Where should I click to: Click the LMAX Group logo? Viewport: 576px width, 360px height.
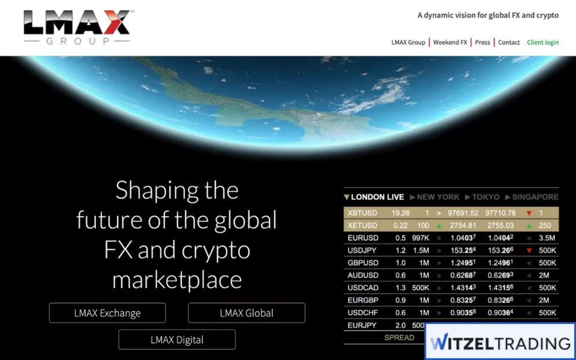click(x=77, y=27)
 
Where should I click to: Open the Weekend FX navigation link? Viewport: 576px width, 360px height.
click(x=450, y=43)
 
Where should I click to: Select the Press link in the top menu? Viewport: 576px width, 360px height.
click(x=482, y=43)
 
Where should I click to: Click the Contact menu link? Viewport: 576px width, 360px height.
click(x=509, y=43)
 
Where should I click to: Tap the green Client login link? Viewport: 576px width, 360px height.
click(x=542, y=43)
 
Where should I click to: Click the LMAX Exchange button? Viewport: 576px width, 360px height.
click(x=107, y=313)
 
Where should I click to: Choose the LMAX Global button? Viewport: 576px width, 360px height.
click(x=247, y=313)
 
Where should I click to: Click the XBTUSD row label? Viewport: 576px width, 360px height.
click(x=362, y=213)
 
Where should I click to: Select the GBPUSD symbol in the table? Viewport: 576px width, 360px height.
click(x=362, y=263)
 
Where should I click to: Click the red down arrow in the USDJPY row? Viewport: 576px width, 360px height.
click(x=529, y=250)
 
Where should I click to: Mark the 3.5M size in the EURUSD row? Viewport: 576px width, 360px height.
click(x=547, y=238)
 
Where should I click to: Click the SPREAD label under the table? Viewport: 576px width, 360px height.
click(x=399, y=338)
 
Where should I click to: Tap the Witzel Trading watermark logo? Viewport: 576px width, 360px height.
click(x=500, y=343)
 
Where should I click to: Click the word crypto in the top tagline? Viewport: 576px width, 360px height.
click(x=546, y=15)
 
